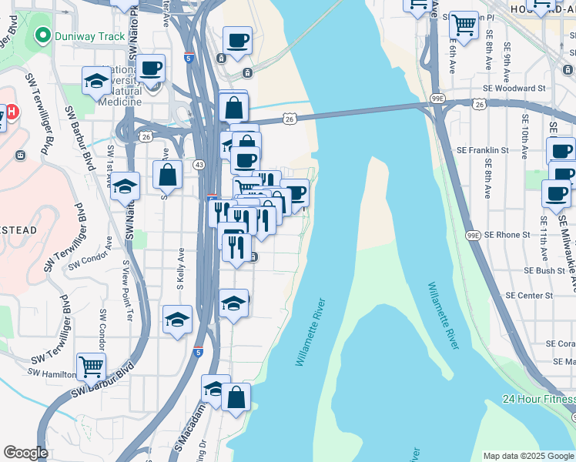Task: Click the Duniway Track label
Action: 89,36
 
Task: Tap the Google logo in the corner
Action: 25,453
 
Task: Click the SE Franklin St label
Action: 483,150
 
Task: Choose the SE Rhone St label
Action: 504,234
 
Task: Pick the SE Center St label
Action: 529,295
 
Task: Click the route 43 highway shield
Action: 199,165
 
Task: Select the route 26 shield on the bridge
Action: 290,119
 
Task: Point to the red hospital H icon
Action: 2,115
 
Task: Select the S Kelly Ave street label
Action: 181,263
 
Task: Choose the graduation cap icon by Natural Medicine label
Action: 97,80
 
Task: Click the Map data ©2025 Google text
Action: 528,456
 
